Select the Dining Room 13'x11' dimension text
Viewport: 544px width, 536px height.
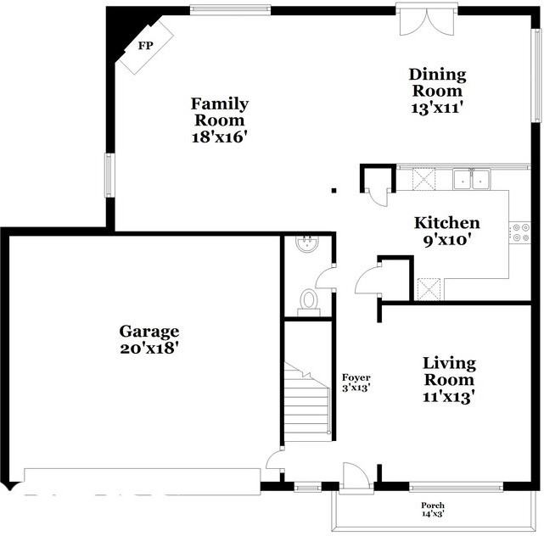coord(437,107)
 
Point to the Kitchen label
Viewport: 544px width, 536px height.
coord(446,223)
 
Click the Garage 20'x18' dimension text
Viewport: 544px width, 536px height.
coord(149,347)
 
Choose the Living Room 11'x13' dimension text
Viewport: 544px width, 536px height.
coord(449,394)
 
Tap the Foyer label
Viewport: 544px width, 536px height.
coord(356,377)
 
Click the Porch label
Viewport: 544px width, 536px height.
coord(433,505)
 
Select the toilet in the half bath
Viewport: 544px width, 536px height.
coord(309,300)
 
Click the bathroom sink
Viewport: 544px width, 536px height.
coord(306,244)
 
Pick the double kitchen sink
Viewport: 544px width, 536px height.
coord(471,178)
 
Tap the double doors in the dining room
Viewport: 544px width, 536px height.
coord(421,21)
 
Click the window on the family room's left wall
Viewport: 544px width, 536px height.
coord(109,174)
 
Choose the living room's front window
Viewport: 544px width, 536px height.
coord(456,487)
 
